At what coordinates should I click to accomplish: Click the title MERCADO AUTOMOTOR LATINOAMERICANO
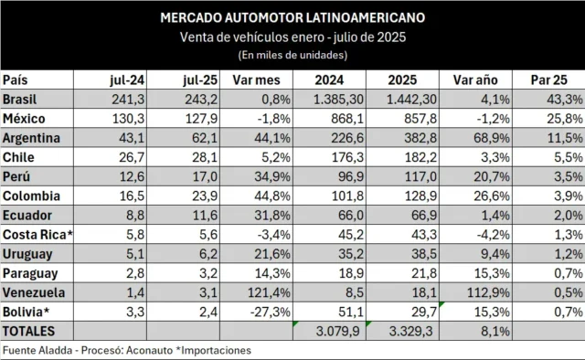[292, 18]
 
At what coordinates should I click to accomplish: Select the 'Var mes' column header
[256, 80]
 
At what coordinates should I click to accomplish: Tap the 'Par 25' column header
[548, 80]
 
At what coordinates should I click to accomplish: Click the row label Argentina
[31, 138]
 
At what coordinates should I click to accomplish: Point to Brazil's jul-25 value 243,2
[201, 100]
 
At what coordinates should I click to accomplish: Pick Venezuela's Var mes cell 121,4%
[269, 292]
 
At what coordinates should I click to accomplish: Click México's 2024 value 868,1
[347, 119]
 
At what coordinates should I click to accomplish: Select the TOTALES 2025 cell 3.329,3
[410, 332]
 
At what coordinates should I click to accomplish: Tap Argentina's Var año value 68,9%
[492, 138]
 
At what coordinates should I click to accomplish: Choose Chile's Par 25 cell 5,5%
[569, 157]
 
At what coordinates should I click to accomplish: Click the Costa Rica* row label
[37, 235]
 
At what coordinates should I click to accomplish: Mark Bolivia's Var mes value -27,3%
[271, 312]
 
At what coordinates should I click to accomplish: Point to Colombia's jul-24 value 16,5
[132, 196]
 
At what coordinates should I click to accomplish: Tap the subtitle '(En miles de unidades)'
[292, 55]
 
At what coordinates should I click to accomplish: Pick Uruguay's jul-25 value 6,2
[208, 254]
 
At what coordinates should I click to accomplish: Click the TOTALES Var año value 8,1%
[495, 332]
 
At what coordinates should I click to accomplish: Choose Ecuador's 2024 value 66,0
[350, 216]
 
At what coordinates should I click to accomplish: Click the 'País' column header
[16, 80]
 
